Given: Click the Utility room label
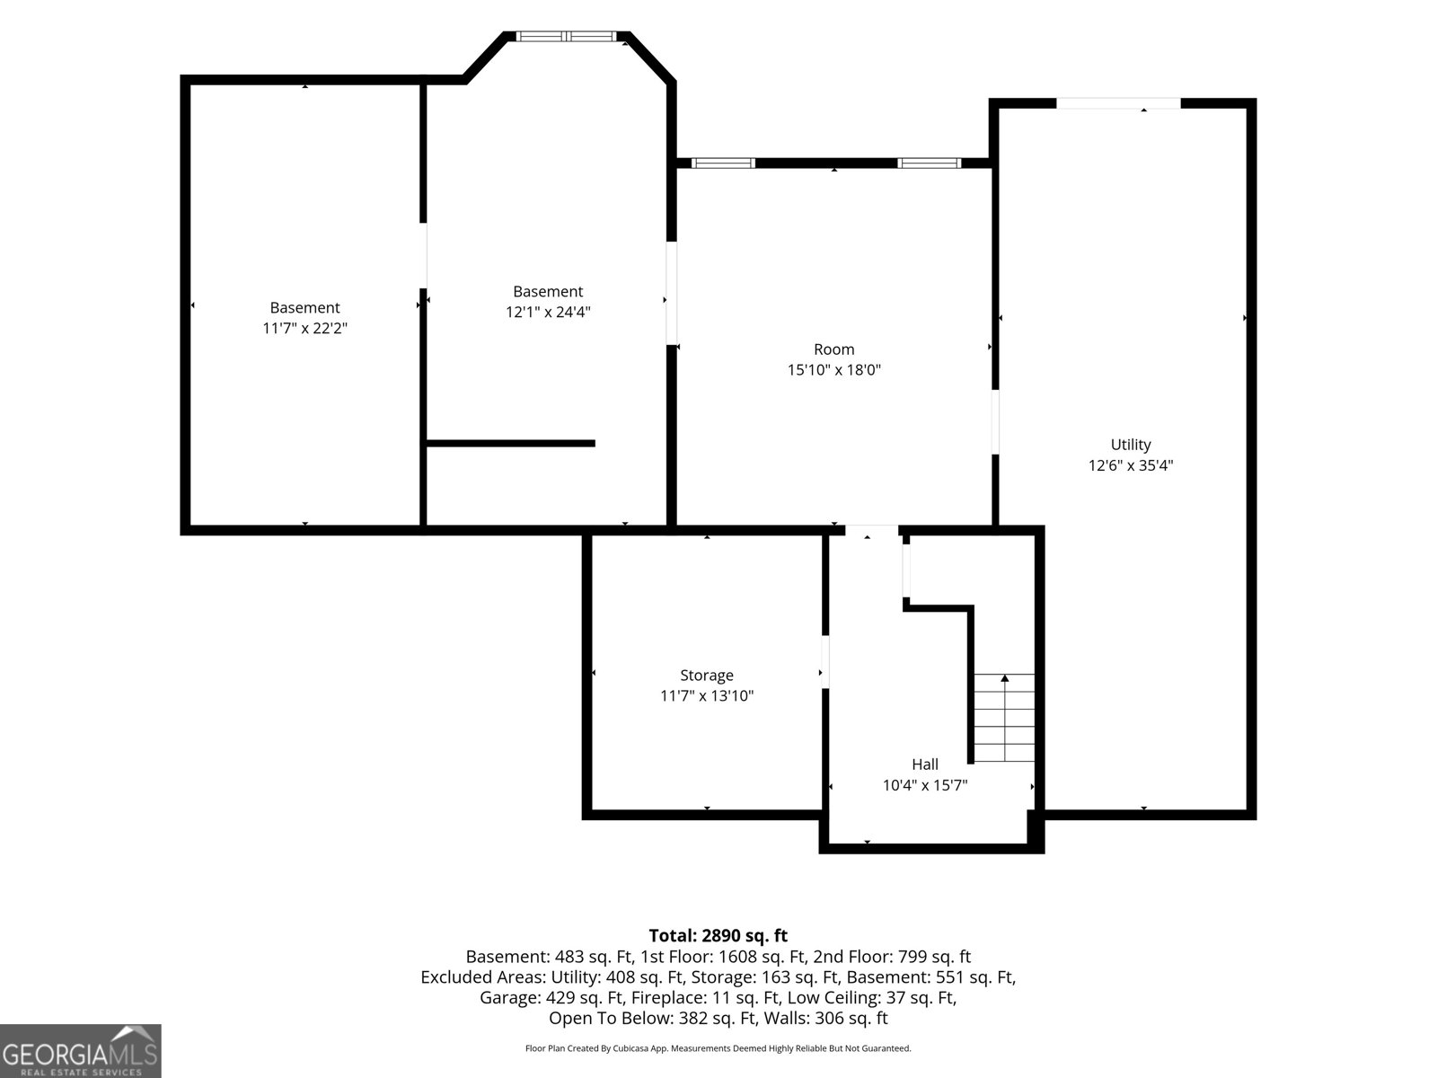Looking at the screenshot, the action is (1130, 445).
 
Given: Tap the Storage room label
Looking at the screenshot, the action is (707, 675).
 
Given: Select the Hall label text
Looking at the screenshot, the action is (924, 764).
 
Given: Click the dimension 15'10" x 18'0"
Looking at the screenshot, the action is (834, 370).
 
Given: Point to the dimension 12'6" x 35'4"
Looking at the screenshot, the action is (1131, 465).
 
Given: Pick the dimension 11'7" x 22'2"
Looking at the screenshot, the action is (304, 328).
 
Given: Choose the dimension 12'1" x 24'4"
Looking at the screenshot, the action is (548, 312).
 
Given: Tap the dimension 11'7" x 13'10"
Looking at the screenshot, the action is (707, 695).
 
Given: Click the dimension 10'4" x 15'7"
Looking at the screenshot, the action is (924, 785).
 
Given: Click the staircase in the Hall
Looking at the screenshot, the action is (1004, 718).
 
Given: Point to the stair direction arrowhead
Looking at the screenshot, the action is (1005, 678).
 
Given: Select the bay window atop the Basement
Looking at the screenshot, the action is (567, 37).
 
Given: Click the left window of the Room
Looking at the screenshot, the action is (723, 163).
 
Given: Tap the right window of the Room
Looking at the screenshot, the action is (929, 163).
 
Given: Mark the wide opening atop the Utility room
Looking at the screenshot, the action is (1118, 103).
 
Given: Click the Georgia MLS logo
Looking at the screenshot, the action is (81, 1050).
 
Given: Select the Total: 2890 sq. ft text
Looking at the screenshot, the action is (718, 935).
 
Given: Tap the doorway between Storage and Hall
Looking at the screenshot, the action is (825, 661).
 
